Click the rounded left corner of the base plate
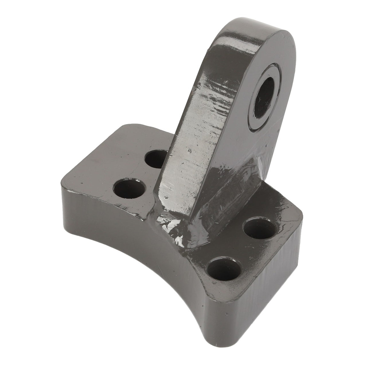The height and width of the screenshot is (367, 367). point(65,178)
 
